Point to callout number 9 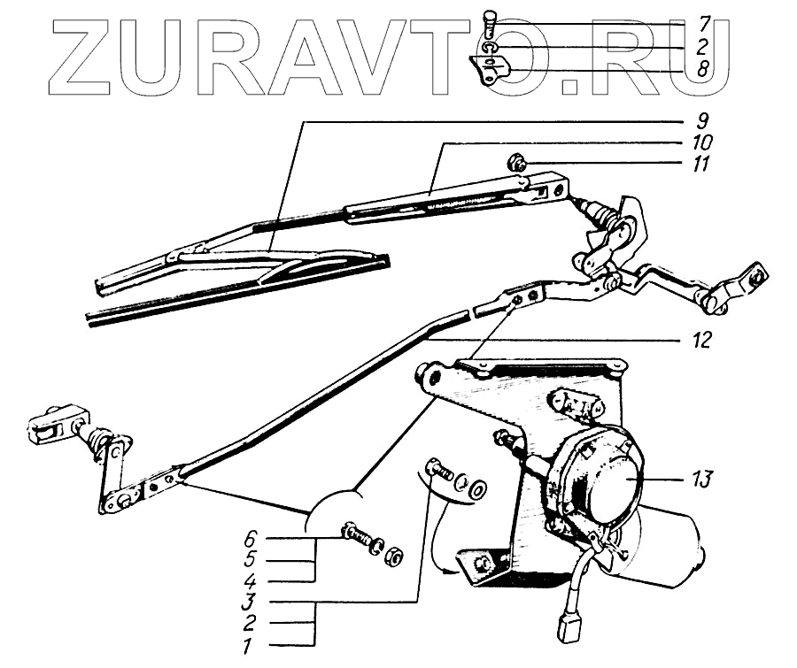(x=700, y=119)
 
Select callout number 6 (x=250, y=538)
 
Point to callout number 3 (x=250, y=603)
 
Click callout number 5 (x=250, y=560)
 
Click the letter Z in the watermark (x=89, y=58)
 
